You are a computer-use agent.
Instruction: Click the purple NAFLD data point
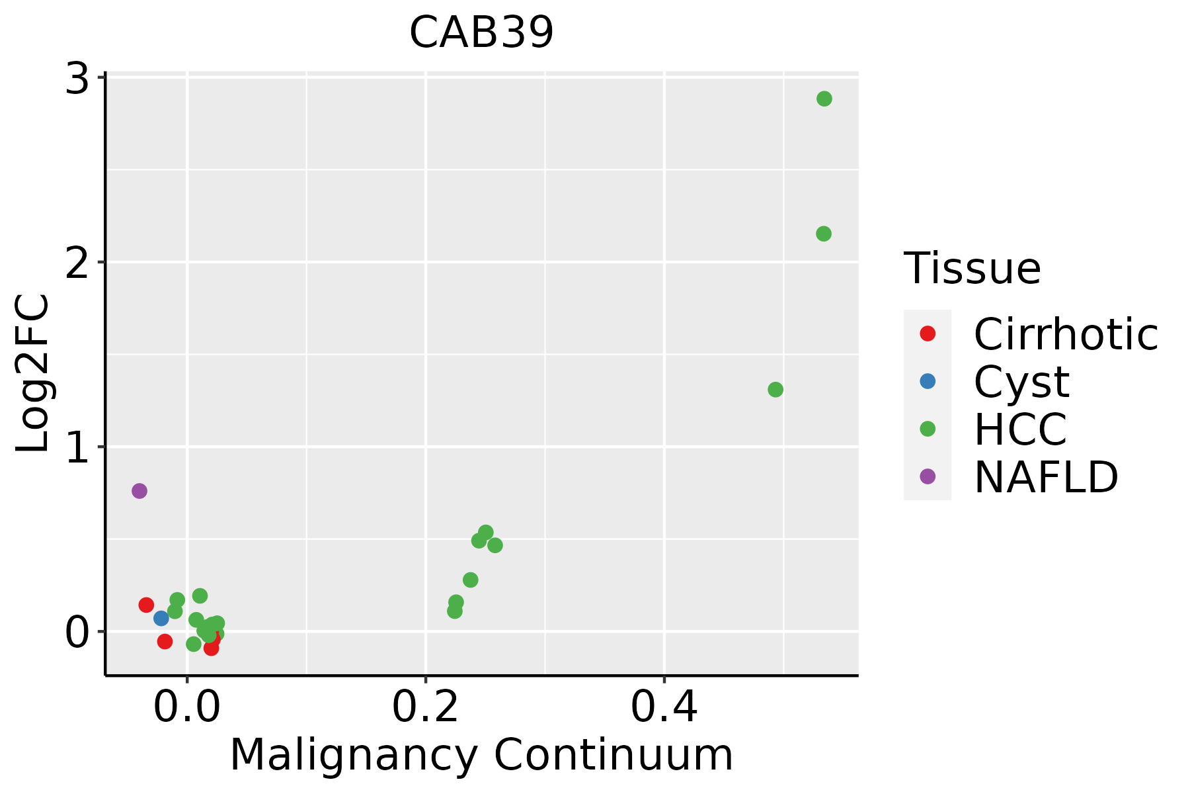click(x=139, y=491)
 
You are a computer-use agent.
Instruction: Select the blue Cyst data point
click(x=161, y=618)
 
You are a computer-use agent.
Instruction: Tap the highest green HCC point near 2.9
click(x=824, y=99)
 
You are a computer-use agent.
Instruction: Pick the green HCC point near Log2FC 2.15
click(x=823, y=234)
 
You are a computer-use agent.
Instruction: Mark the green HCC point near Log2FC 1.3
click(x=775, y=390)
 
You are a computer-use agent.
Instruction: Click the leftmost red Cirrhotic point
click(x=146, y=605)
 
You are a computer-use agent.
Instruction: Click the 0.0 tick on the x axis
click(x=187, y=708)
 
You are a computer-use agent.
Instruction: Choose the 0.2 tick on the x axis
click(x=426, y=708)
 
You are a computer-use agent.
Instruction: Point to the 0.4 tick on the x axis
click(x=664, y=708)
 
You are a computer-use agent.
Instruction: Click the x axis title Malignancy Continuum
click(x=481, y=755)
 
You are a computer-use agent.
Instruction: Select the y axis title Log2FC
click(x=33, y=373)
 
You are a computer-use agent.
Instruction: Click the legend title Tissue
click(x=972, y=268)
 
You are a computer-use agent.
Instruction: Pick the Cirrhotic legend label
click(x=1066, y=334)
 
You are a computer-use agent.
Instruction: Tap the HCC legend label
click(x=1020, y=429)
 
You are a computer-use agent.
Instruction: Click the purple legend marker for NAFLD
click(x=928, y=476)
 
